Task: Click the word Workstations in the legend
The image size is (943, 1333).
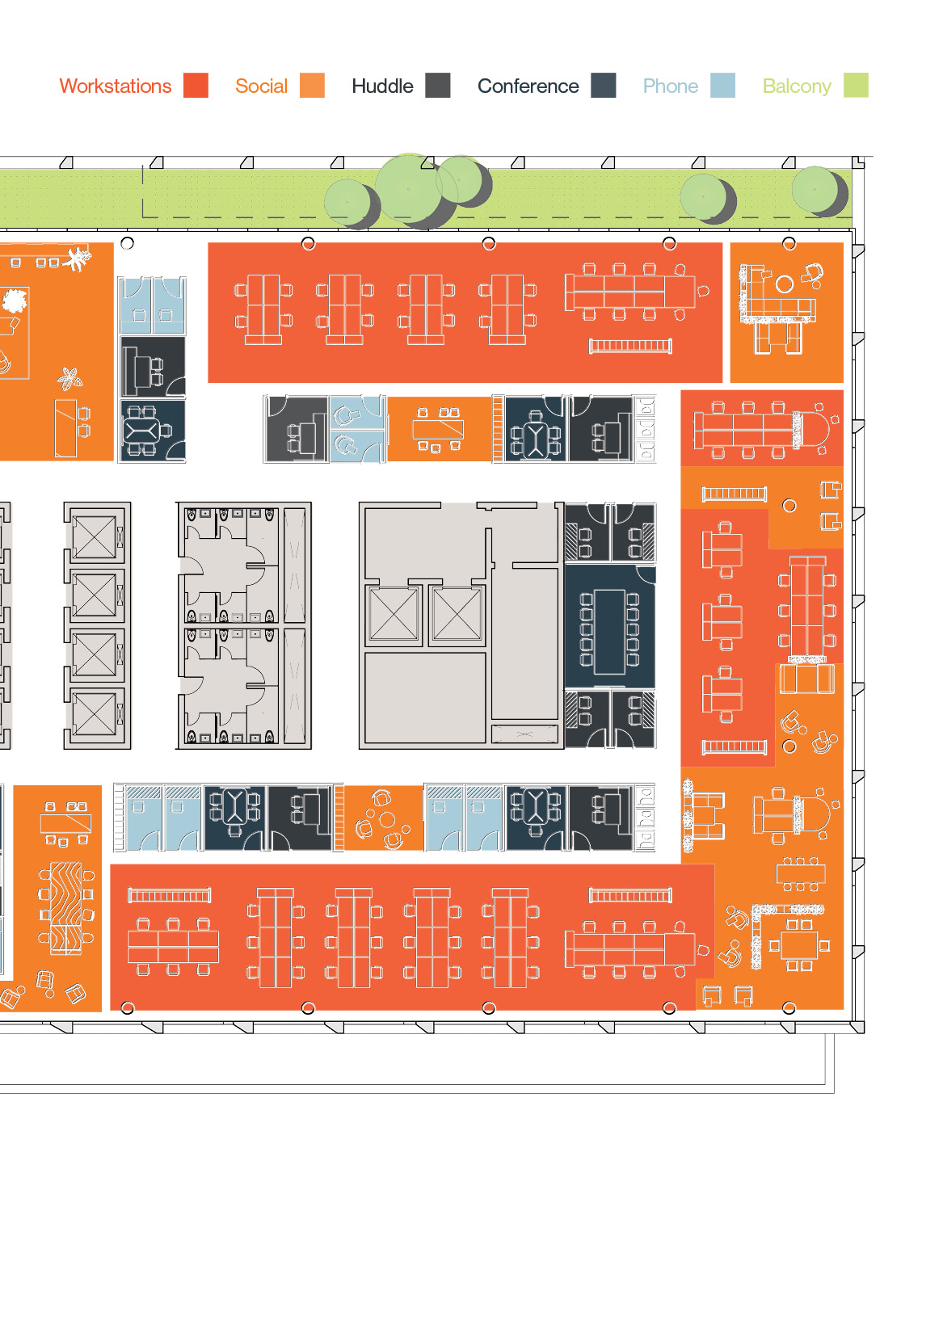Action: (x=115, y=86)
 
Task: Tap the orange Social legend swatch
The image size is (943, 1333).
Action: (x=312, y=85)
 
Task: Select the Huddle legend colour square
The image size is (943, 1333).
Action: (x=438, y=85)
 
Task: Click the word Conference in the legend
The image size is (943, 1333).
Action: (x=528, y=86)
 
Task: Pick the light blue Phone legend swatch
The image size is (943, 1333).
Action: (x=722, y=85)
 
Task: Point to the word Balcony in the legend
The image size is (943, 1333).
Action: (x=797, y=87)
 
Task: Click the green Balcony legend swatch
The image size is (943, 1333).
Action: (x=856, y=85)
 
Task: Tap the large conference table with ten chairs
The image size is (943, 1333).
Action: (x=609, y=632)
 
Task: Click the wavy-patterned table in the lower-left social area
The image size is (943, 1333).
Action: (x=66, y=907)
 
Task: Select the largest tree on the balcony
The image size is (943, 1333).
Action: (x=408, y=189)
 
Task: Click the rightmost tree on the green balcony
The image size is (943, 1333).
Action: (x=815, y=189)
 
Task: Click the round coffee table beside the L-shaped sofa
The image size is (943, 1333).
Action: (x=784, y=284)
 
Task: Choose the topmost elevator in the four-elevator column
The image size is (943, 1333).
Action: (x=94, y=537)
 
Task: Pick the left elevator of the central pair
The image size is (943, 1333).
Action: (x=394, y=615)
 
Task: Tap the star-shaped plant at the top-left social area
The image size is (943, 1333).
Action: (x=78, y=259)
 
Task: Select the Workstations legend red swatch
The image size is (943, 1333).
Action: (x=196, y=85)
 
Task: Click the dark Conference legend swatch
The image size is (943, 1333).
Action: (x=603, y=85)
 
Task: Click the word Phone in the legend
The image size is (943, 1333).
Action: (x=670, y=86)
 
